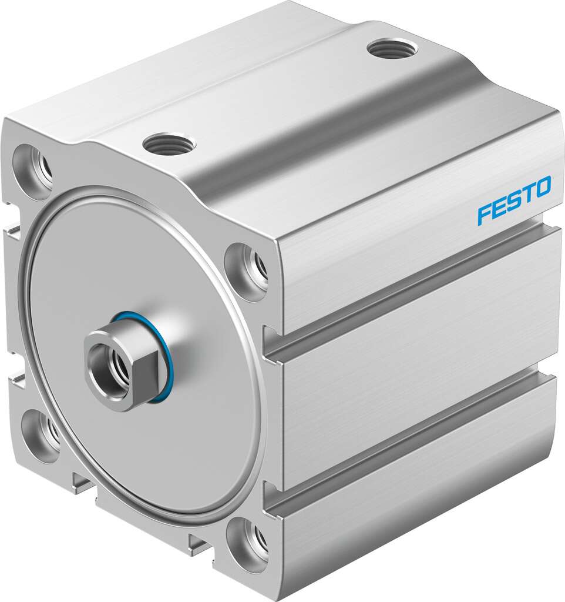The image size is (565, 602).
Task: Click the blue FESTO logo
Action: tap(514, 200)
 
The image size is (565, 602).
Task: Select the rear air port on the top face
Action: tap(392, 48)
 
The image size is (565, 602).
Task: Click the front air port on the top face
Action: tap(169, 143)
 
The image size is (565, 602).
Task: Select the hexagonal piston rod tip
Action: tap(120, 367)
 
